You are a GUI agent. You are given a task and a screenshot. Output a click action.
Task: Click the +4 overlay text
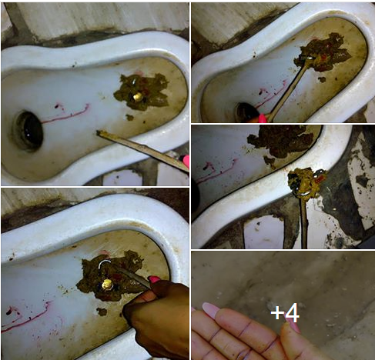[x=285, y=312]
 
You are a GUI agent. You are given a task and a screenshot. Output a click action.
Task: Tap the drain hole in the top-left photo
[x=28, y=131]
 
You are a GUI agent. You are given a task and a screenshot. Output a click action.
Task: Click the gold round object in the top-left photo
[x=138, y=96]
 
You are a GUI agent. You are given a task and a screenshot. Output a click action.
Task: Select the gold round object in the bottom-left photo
[x=107, y=285]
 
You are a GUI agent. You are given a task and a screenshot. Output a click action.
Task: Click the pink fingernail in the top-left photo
[x=186, y=162]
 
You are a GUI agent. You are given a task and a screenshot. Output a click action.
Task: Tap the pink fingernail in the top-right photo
[x=263, y=118]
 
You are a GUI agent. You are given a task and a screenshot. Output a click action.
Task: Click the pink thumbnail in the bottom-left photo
[x=154, y=279]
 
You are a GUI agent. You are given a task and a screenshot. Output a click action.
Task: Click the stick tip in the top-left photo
[x=99, y=132]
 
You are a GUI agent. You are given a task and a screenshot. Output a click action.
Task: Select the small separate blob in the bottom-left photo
[x=102, y=312]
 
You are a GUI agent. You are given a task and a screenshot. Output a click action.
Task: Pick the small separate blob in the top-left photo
[x=129, y=118]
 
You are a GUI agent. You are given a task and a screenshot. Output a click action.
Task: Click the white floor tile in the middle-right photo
[x=263, y=232]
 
